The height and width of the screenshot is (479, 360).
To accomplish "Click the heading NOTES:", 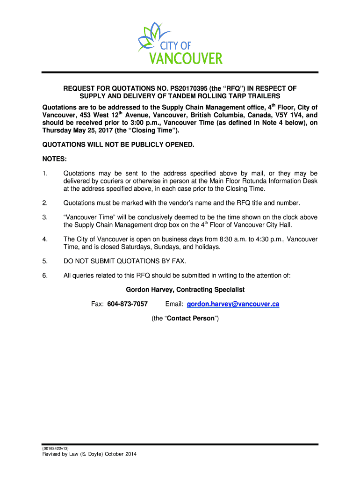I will (x=55, y=159).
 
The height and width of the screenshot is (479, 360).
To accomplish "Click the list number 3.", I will (x=45, y=218).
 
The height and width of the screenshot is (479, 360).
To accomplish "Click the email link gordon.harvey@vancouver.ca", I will (x=233, y=305).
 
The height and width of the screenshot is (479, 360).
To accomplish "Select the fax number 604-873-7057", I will (x=128, y=305).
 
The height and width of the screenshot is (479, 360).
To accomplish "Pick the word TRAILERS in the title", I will (x=268, y=96).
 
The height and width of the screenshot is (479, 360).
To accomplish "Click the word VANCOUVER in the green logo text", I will (x=186, y=59).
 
